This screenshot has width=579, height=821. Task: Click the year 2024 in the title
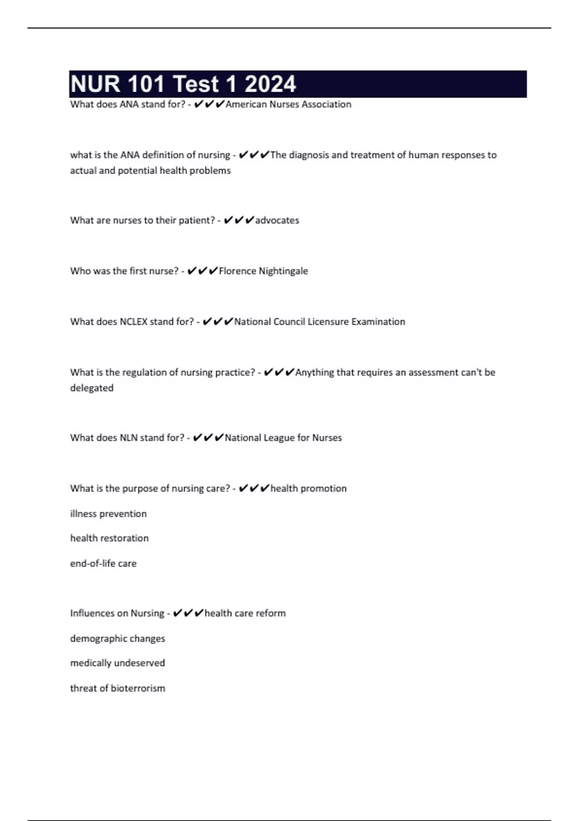click(x=270, y=84)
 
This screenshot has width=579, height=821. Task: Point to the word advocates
click(x=277, y=220)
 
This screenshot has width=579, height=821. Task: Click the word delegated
click(x=92, y=388)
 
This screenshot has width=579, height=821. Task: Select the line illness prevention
click(x=108, y=514)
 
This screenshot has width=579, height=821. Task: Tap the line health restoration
click(x=109, y=538)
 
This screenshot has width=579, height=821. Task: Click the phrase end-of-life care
click(x=103, y=564)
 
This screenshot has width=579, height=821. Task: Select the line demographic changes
click(x=117, y=638)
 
